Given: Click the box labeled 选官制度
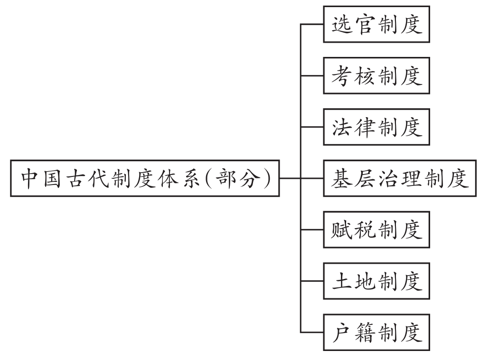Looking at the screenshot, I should point(376,24).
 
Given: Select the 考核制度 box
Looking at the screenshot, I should point(376,75).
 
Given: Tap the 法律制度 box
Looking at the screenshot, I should point(376,127).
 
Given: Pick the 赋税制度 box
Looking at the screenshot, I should point(376,230).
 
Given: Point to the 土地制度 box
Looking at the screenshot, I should point(376,281).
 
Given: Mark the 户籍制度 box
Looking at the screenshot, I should point(376,333).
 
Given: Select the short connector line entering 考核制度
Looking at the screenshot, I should point(312,75).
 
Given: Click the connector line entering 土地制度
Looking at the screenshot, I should point(312,281).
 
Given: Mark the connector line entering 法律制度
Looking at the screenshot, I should point(312,127).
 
